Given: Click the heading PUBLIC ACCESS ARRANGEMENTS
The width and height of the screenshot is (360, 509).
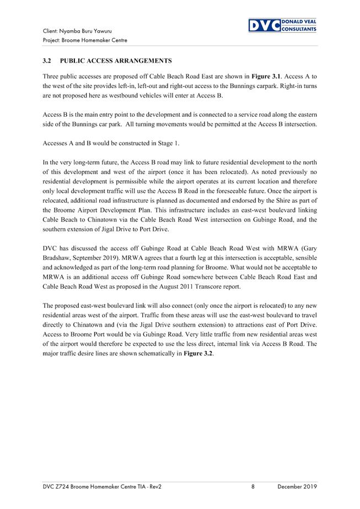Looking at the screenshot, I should pyautogui.click(x=116, y=61).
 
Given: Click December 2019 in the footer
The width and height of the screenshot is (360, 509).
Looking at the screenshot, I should pyautogui.click(x=297, y=487).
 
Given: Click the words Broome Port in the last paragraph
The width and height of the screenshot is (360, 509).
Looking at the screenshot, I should pyautogui.click(x=90, y=334).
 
